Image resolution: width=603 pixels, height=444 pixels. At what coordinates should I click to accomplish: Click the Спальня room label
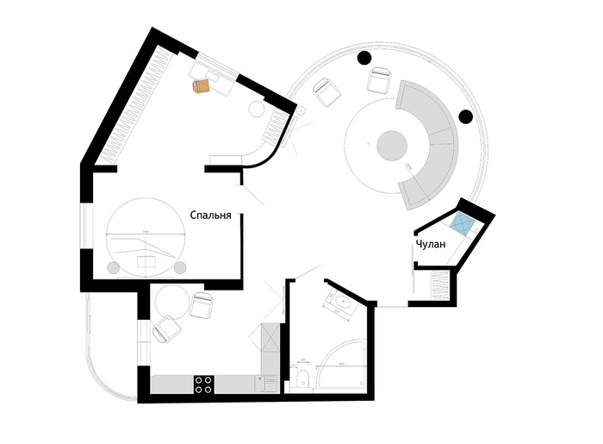(x=211, y=217)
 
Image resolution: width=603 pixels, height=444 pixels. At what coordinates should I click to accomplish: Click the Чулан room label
(x=431, y=245)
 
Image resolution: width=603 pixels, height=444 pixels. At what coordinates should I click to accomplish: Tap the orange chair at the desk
(x=202, y=84)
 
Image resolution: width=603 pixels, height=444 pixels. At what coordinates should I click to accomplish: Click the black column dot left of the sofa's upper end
(x=364, y=58)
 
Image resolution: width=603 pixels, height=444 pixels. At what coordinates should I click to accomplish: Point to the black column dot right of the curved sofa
(x=467, y=116)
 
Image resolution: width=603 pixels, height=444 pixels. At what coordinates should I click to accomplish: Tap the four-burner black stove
(x=203, y=385)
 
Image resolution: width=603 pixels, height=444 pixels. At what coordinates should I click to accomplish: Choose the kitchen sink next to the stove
(x=262, y=385)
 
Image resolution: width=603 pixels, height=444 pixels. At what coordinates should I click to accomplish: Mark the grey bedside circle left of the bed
(x=113, y=266)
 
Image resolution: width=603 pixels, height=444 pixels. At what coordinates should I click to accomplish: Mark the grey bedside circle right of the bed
(x=180, y=266)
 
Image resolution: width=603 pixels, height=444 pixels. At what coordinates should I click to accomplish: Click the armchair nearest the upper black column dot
(x=379, y=81)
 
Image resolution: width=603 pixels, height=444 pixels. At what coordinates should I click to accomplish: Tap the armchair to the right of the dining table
(x=202, y=307)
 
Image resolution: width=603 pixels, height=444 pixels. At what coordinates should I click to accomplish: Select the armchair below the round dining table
(x=165, y=331)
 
